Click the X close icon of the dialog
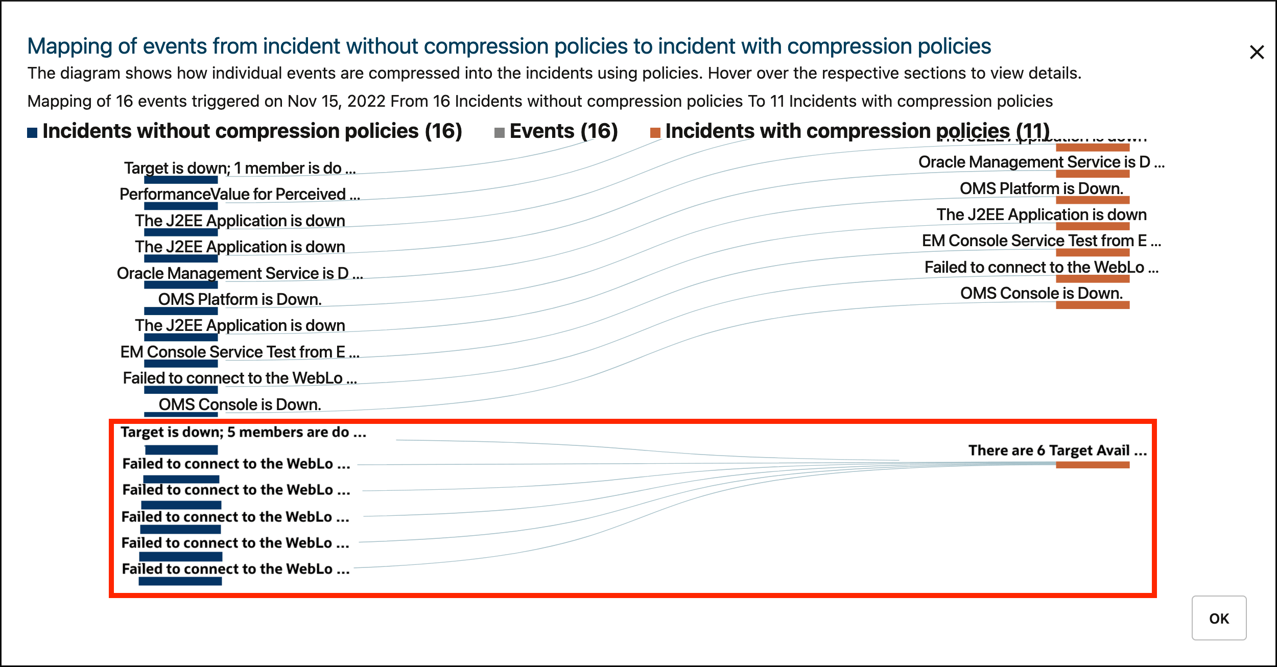coord(1257,52)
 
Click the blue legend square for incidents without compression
coord(32,133)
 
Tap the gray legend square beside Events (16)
coord(500,133)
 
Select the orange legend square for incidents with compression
coord(655,133)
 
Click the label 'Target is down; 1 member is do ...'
coord(240,168)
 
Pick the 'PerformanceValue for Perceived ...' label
coord(240,194)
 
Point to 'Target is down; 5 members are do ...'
coord(243,432)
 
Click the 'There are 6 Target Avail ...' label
coord(1057,450)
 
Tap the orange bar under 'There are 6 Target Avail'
coord(1093,465)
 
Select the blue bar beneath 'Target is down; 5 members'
coord(181,450)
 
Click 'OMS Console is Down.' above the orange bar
coord(1042,293)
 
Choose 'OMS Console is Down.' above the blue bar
coord(240,404)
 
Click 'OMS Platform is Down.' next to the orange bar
coord(1042,188)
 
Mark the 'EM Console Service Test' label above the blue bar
coord(240,352)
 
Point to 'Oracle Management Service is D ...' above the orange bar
coord(1041,162)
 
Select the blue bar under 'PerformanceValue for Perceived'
coord(181,206)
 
